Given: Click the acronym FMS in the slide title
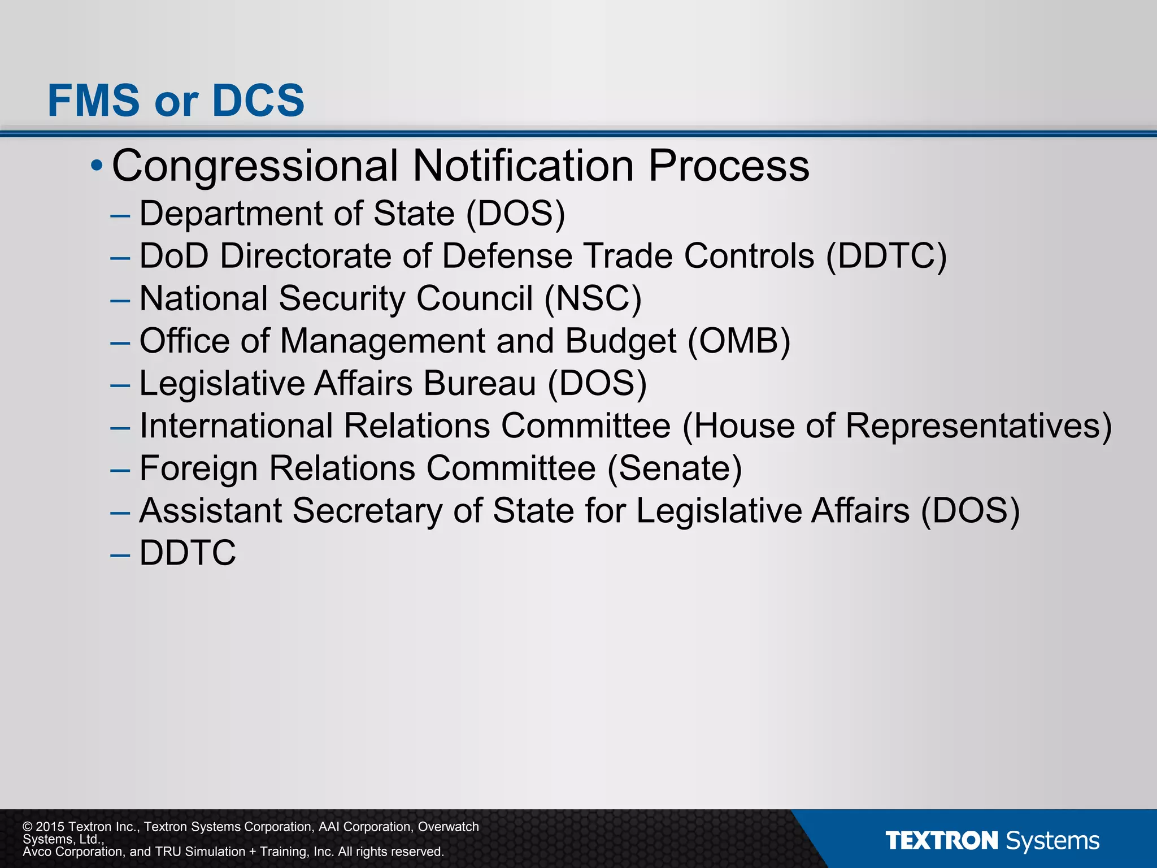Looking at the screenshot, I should tap(94, 101).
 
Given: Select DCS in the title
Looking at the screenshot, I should tap(258, 101).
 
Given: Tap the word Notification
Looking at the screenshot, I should tap(523, 166).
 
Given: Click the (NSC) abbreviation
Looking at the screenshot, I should tap(593, 298).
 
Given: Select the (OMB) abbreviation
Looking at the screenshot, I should tap(738, 341).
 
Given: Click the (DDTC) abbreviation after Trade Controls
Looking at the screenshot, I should tap(886, 256).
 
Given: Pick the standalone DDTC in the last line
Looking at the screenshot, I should tap(188, 553).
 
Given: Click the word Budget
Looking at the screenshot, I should tap(620, 341).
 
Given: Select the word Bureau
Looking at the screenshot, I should tap(480, 384).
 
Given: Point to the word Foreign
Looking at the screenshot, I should tap(198, 468).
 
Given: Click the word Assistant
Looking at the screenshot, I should tap(210, 511).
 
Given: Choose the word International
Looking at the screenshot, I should tap(236, 426).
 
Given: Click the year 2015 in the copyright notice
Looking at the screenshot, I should tap(51, 827).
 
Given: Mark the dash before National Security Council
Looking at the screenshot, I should tap(120, 300).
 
